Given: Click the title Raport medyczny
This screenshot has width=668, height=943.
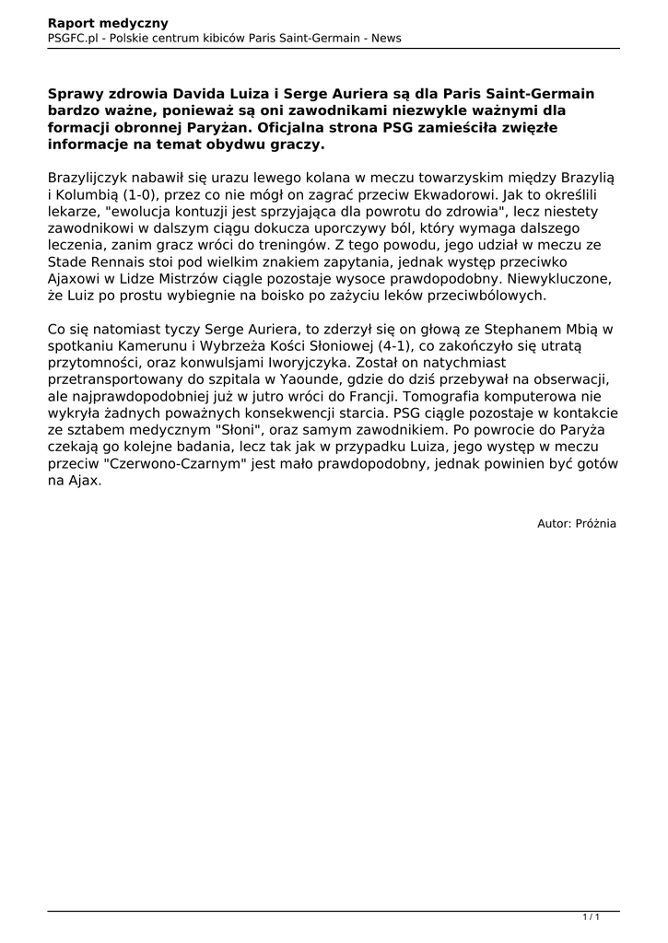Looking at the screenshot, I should coord(101,23).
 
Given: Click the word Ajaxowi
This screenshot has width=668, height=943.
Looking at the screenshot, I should coord(77,280).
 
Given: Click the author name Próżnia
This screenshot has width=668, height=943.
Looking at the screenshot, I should coord(595,524).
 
